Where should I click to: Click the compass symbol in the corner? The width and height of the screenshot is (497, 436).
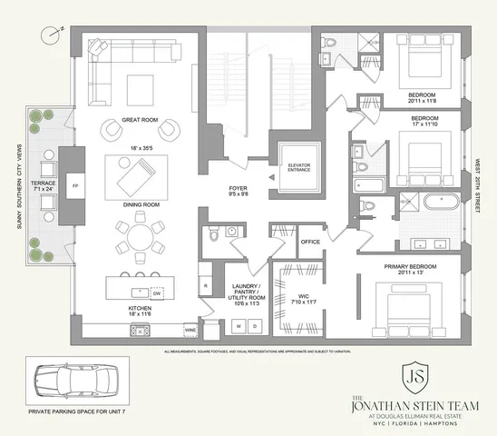point(52,33)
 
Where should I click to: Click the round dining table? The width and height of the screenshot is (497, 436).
point(141,242)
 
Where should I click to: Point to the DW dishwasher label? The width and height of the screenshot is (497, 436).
point(156,293)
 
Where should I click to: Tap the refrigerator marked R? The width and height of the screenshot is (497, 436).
point(206,286)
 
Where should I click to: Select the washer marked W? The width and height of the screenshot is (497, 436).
point(239,325)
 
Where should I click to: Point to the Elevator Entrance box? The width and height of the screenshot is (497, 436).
point(300,168)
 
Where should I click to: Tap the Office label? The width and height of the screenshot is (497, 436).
point(310,243)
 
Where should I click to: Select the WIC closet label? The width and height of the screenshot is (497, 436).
point(304,294)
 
